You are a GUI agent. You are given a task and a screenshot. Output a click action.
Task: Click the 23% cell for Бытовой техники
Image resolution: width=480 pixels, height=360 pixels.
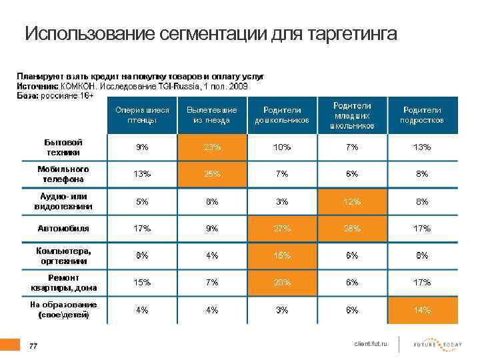213,147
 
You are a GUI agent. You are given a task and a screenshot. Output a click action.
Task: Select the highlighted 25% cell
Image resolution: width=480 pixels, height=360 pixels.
213,174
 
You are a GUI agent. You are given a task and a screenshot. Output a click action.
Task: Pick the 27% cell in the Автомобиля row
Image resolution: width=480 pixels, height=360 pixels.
282,229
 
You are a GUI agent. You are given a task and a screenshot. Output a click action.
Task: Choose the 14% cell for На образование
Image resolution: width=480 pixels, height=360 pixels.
421,310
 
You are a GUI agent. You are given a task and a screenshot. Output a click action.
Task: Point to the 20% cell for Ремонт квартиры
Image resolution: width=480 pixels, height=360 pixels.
282,283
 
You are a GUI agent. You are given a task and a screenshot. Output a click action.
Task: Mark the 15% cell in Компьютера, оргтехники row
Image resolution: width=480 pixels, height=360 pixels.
282,255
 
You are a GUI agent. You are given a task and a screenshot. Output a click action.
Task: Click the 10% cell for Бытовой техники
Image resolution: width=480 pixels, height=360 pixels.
282,147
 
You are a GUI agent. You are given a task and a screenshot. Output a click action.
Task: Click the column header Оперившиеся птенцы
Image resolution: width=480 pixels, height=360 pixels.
141,115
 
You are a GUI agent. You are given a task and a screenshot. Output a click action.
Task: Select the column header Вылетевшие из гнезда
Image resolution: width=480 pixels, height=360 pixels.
213,115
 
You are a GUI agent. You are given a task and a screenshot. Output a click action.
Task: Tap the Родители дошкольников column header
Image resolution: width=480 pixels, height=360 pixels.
282,115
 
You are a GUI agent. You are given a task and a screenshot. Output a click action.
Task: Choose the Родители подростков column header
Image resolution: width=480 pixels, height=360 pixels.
421,115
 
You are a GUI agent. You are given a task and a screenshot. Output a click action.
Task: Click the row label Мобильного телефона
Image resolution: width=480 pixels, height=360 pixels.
63,174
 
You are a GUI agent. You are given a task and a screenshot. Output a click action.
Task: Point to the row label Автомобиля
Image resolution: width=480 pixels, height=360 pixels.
63,229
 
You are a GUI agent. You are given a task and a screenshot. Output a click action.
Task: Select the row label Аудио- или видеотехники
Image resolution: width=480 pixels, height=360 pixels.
63,201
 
